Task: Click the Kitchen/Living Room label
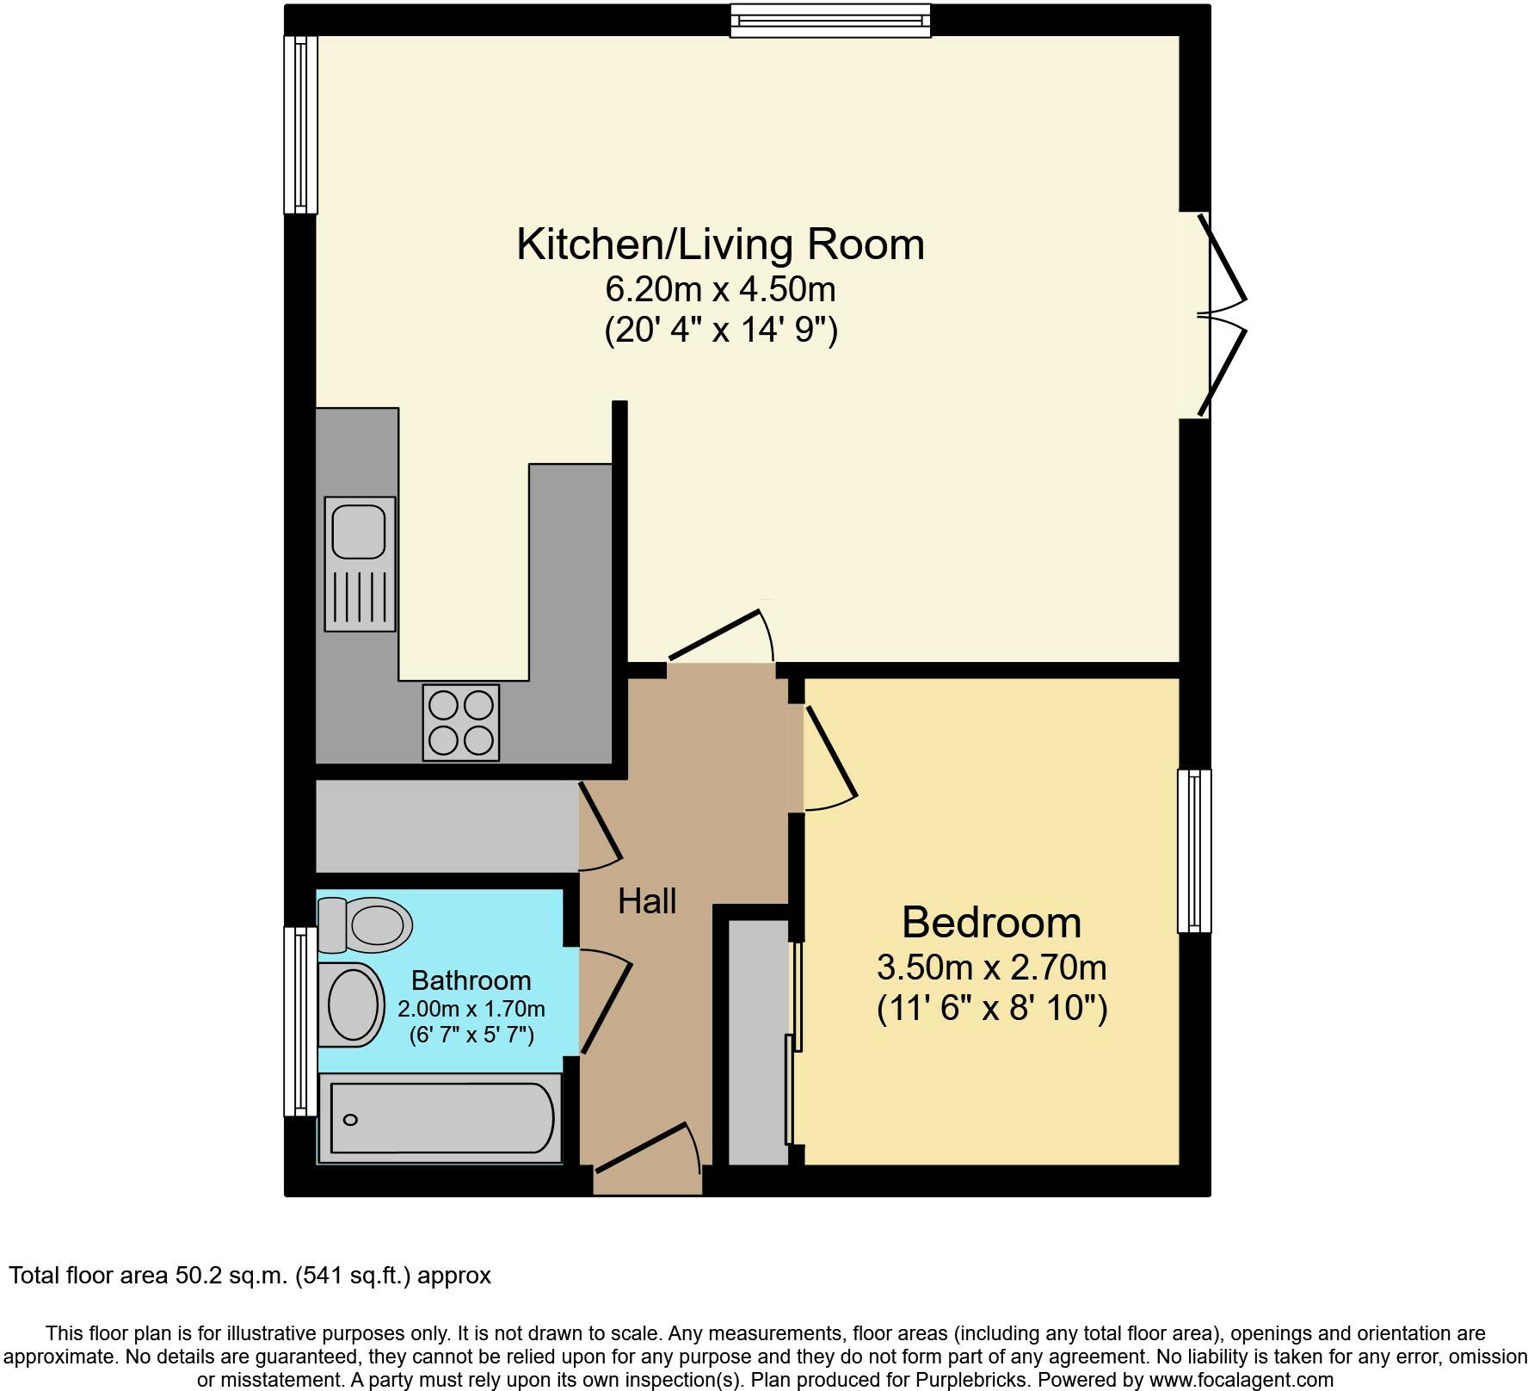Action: [x=720, y=244]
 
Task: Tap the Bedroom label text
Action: [x=991, y=923]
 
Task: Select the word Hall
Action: [x=647, y=901]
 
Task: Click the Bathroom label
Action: [x=471, y=980]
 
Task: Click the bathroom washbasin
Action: [x=353, y=1005]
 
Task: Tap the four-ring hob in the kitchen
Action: [x=461, y=722]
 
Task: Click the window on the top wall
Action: [x=830, y=20]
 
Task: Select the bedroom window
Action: [x=1194, y=850]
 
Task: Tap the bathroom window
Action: [x=300, y=1021]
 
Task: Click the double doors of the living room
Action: [x=1220, y=314]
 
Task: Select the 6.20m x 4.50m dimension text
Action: [x=720, y=290]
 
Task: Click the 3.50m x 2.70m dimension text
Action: [x=991, y=968]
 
